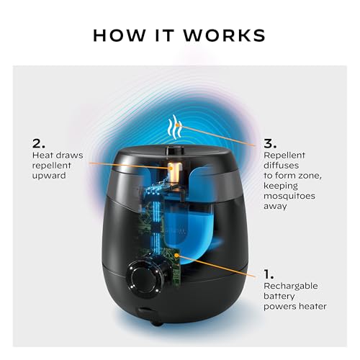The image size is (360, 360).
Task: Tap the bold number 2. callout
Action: [x=37, y=143]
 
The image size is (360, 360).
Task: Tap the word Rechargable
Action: [x=291, y=286]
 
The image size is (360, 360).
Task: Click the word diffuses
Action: [x=282, y=165]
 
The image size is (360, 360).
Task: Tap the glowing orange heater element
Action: [x=174, y=171]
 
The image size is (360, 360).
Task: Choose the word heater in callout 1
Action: [x=310, y=306]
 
